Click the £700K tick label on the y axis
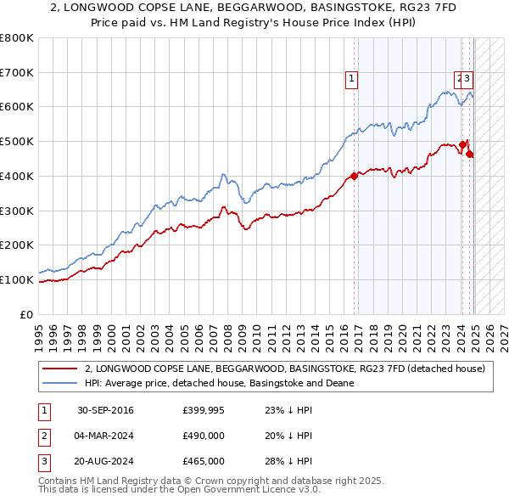17,72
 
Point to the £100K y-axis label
17,279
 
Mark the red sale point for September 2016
354,177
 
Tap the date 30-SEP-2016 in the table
105,411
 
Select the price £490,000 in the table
204,436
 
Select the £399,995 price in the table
204,411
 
